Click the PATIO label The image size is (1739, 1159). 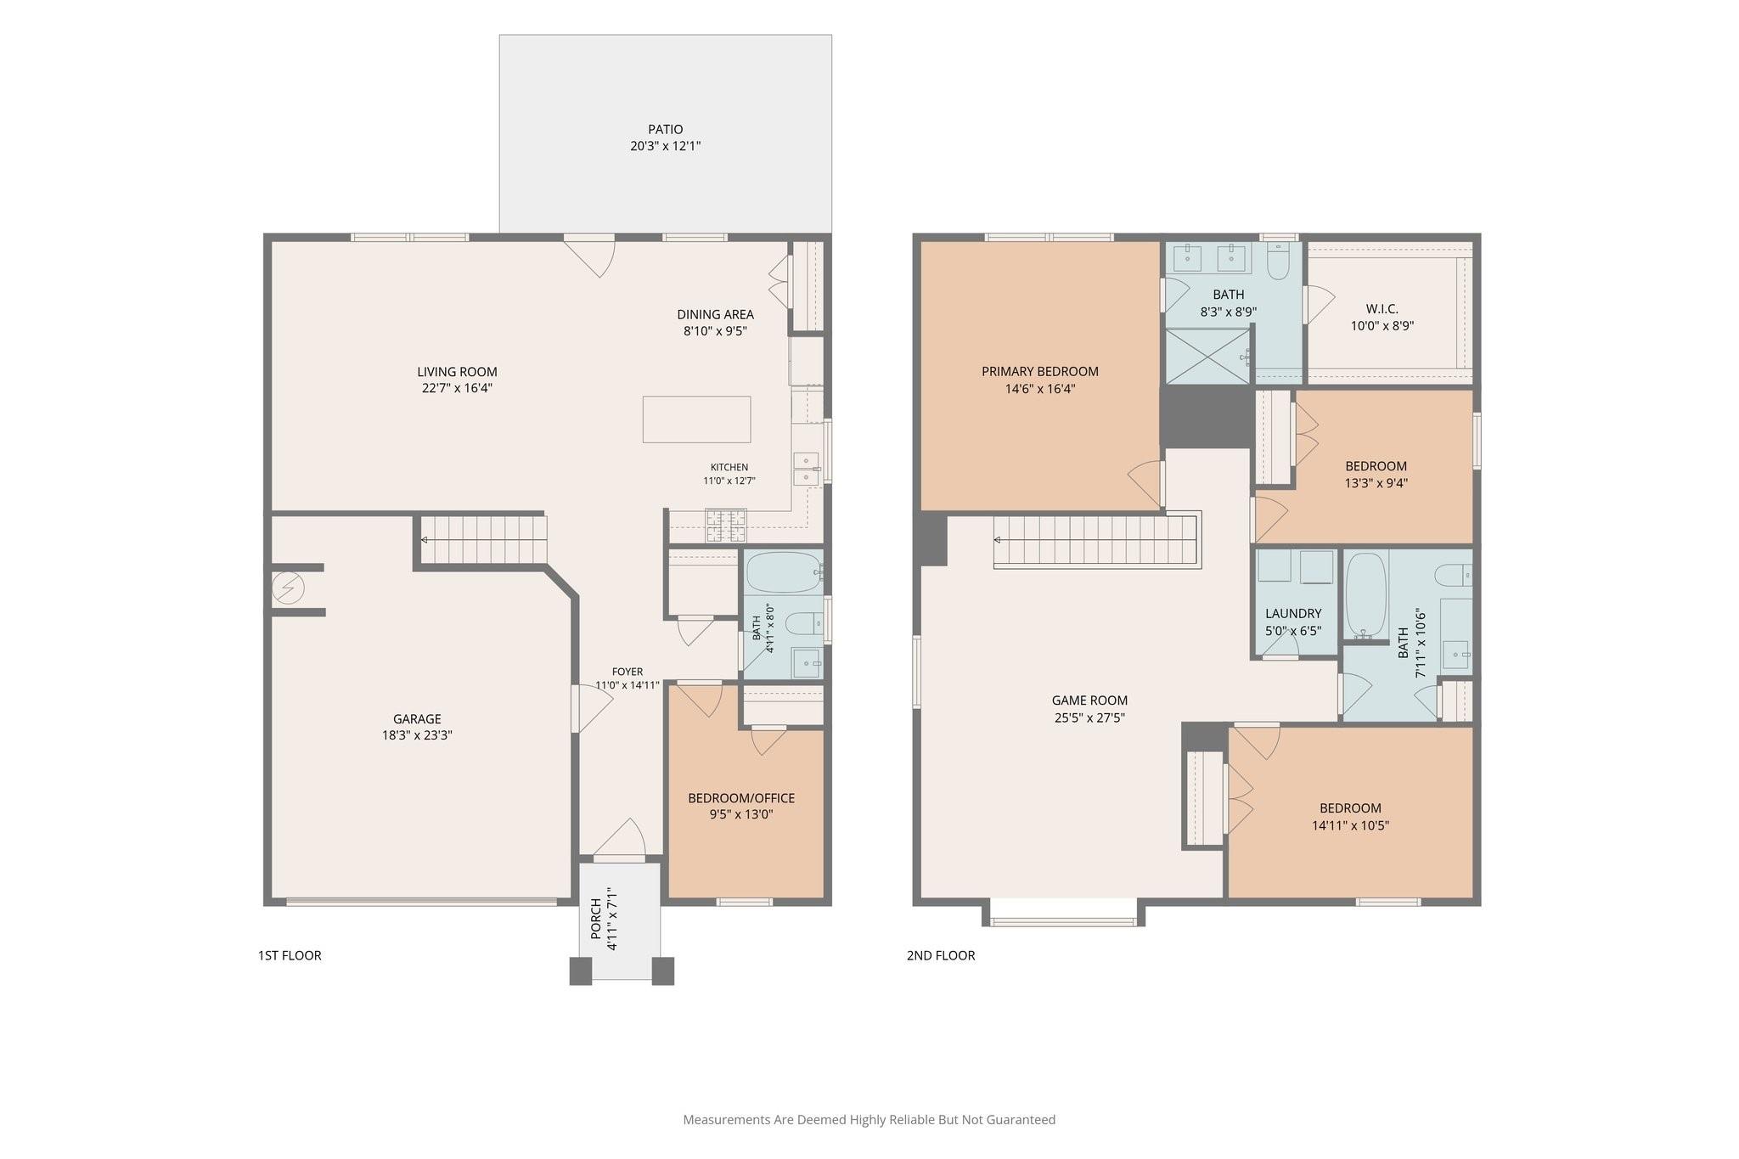pyautogui.click(x=665, y=130)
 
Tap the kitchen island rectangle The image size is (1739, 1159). pyautogui.click(x=696, y=419)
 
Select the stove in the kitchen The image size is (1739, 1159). pyautogui.click(x=726, y=526)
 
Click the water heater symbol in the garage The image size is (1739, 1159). pyautogui.click(x=288, y=588)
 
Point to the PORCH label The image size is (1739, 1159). pyautogui.click(x=596, y=919)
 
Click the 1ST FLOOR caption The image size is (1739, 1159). pyautogui.click(x=290, y=955)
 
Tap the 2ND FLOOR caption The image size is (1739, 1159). pyautogui.click(x=941, y=955)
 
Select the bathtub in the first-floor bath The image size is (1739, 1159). pyautogui.click(x=784, y=572)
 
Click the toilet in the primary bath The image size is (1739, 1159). pyautogui.click(x=1278, y=261)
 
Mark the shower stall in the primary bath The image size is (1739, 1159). pyautogui.click(x=1207, y=357)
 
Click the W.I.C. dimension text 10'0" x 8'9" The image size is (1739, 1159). pyautogui.click(x=1382, y=326)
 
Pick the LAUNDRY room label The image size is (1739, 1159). pyautogui.click(x=1293, y=614)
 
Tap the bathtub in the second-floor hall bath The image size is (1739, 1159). pyautogui.click(x=1366, y=596)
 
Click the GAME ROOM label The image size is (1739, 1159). pyautogui.click(x=1089, y=700)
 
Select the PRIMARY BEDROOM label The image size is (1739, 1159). pyautogui.click(x=1040, y=371)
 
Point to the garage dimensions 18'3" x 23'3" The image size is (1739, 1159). pyautogui.click(x=417, y=735)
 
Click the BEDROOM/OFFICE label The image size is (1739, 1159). pyautogui.click(x=741, y=798)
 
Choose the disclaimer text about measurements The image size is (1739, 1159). pyautogui.click(x=869, y=1120)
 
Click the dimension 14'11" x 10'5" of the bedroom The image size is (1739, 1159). pyautogui.click(x=1350, y=825)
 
